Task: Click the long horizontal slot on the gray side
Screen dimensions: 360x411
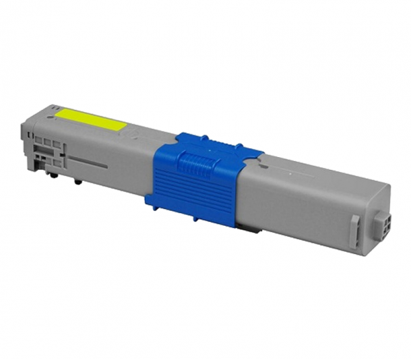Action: click(x=88, y=163)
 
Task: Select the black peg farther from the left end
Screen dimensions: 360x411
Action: click(x=78, y=181)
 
